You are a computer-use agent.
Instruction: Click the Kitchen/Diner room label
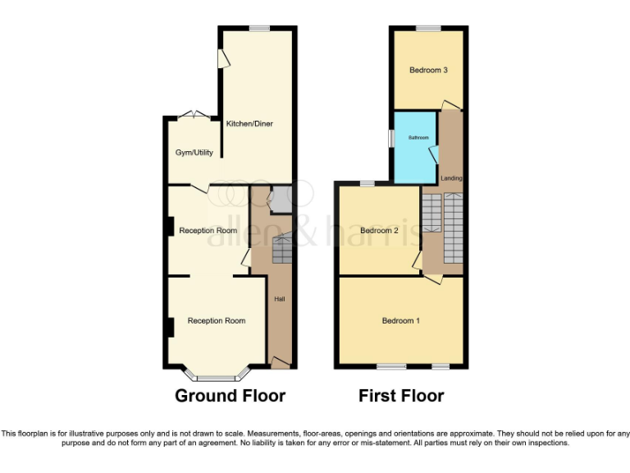tap(249, 124)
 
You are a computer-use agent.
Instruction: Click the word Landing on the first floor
tap(451, 178)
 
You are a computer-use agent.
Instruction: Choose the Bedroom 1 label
tap(400, 320)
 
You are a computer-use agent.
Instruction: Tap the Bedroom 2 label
tap(379, 231)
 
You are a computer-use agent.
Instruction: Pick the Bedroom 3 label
tap(428, 70)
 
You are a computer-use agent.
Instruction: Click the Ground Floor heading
tap(230, 396)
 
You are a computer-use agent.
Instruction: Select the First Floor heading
tap(401, 396)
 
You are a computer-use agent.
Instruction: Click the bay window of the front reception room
tap(217, 378)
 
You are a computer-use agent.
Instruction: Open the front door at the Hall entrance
tap(281, 362)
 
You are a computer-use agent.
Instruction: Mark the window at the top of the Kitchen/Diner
tap(260, 29)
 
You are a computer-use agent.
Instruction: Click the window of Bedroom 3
tap(428, 29)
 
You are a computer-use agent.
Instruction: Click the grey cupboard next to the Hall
tap(281, 199)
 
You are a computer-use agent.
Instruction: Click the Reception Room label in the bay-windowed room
tap(217, 320)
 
